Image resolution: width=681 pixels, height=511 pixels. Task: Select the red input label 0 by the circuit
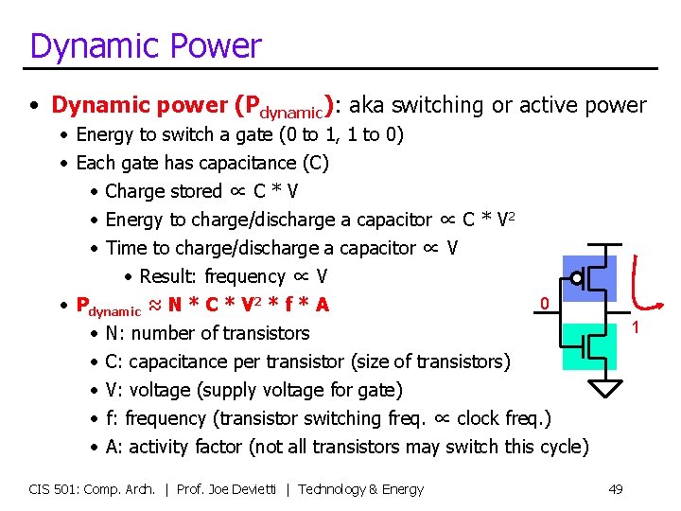coord(544,304)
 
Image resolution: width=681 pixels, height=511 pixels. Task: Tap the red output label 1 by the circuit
coord(636,328)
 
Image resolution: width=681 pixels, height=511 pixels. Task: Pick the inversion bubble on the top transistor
coord(577,279)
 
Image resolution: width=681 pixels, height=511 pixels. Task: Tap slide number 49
coord(615,489)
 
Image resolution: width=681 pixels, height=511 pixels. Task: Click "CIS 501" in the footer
coord(50,489)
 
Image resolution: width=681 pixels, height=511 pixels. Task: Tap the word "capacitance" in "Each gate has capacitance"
coord(242,163)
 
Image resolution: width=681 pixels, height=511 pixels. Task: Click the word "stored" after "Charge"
coord(196,191)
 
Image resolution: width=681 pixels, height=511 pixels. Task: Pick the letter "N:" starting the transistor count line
coord(113,333)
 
